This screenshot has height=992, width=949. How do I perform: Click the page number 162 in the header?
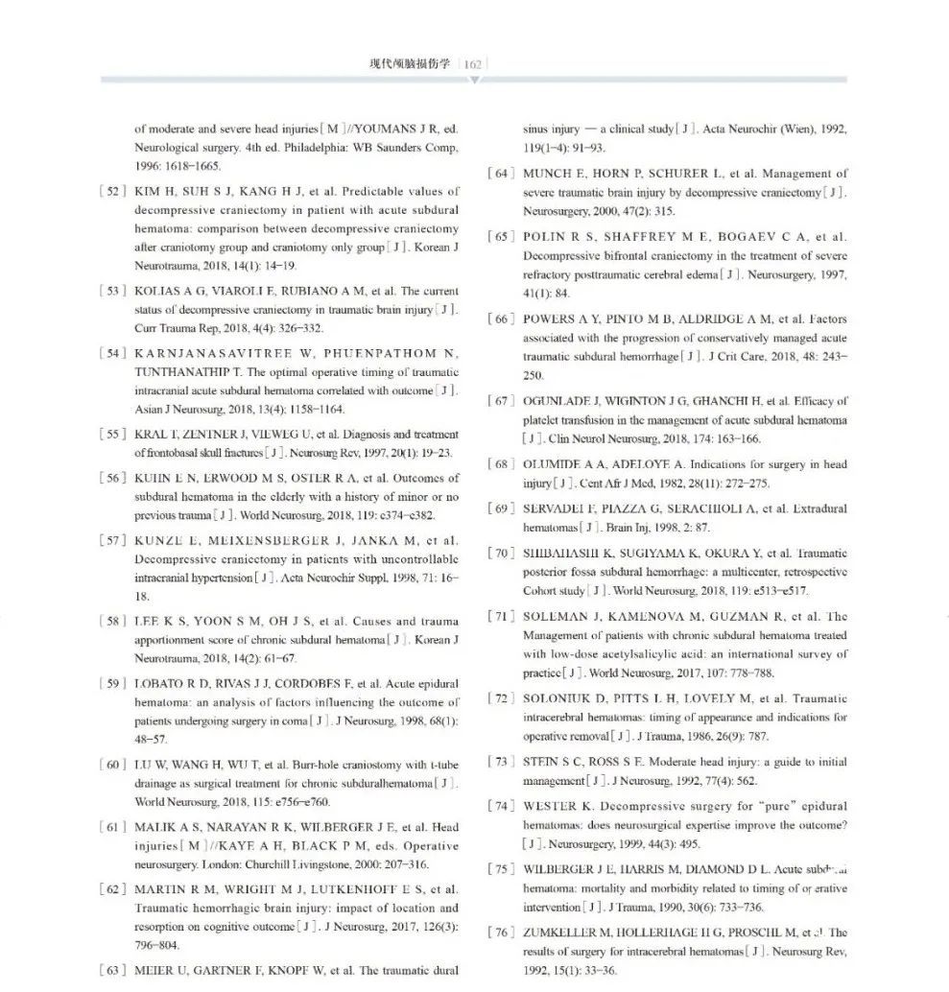point(472,64)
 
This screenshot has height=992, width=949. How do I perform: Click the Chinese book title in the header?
point(410,64)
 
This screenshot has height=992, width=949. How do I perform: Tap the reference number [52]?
point(112,191)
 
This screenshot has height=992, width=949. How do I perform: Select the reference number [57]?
point(112,540)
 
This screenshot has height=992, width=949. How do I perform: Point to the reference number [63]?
point(112,970)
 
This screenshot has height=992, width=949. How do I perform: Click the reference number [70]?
point(501,553)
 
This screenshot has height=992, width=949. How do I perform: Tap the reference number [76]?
point(501,933)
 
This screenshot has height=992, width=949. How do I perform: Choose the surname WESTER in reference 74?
point(550,807)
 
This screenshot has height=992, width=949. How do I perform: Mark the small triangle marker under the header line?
point(473,82)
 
